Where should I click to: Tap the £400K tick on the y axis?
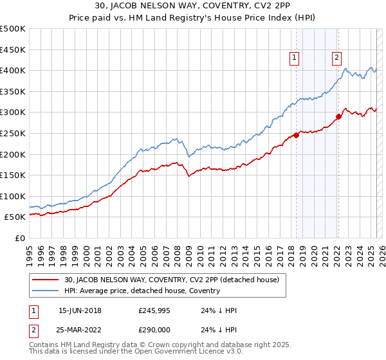(x=13, y=70)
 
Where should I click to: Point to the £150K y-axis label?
(x=13, y=175)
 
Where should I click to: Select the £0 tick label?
(x=19, y=238)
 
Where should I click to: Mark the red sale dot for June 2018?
(x=296, y=135)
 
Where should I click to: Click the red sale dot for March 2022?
(x=338, y=116)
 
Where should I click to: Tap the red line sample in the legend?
(x=46, y=280)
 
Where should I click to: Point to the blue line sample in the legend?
(x=46, y=291)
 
